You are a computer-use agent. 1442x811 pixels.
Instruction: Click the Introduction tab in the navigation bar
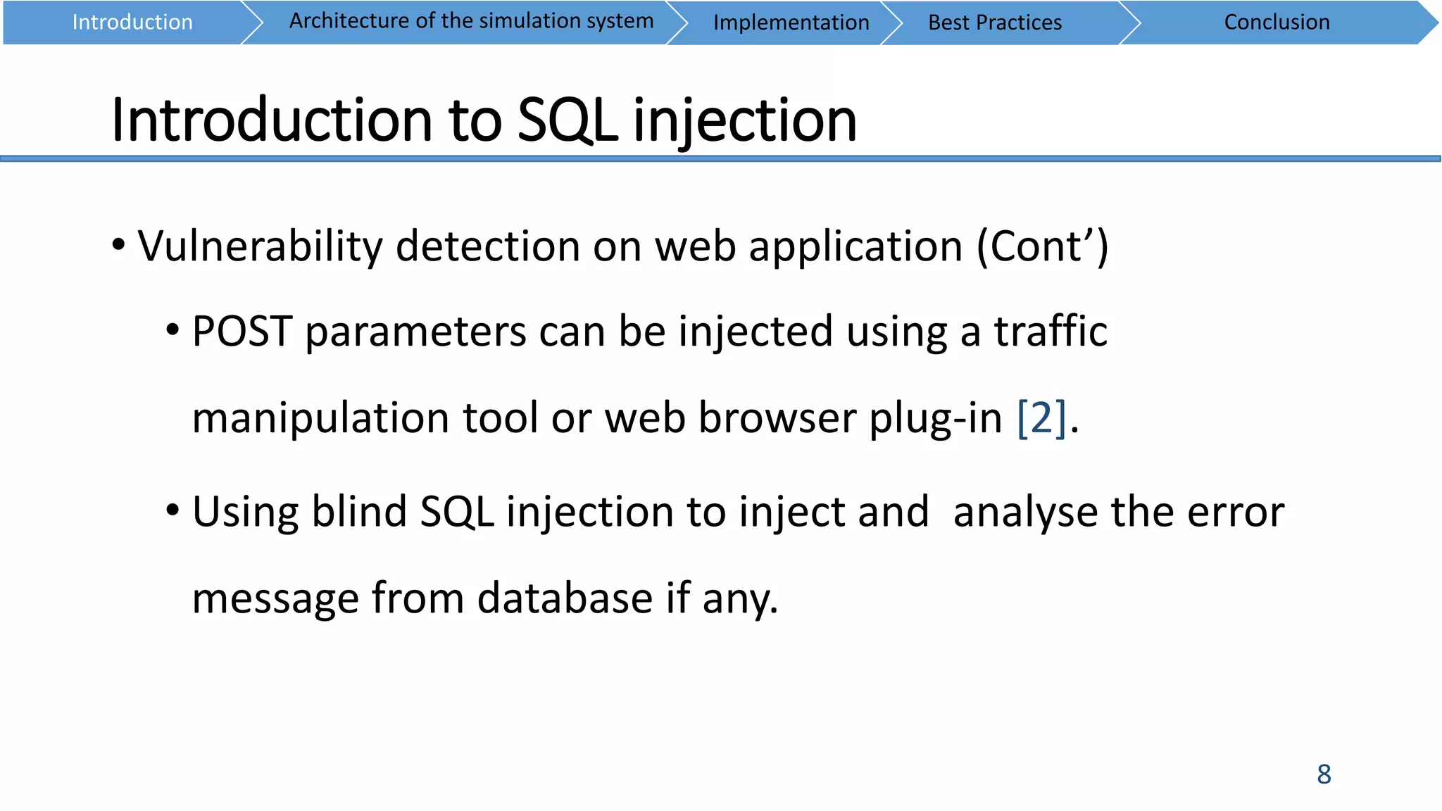point(132,23)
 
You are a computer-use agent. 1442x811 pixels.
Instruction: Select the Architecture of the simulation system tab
point(471,22)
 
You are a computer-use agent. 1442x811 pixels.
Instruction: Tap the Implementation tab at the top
point(791,23)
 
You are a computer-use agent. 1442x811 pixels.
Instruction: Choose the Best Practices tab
point(994,23)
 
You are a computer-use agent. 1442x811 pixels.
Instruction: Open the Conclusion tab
point(1277,23)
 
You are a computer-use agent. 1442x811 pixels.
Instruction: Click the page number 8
point(1324,774)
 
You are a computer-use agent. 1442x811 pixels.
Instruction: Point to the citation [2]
point(1041,418)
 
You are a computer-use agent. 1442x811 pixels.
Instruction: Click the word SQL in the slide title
point(568,120)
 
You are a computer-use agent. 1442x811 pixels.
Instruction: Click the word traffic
point(1051,332)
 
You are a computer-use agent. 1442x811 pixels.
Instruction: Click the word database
point(565,598)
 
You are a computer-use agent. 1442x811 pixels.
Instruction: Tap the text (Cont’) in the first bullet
point(1043,247)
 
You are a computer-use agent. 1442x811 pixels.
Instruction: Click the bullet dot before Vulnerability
point(118,246)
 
